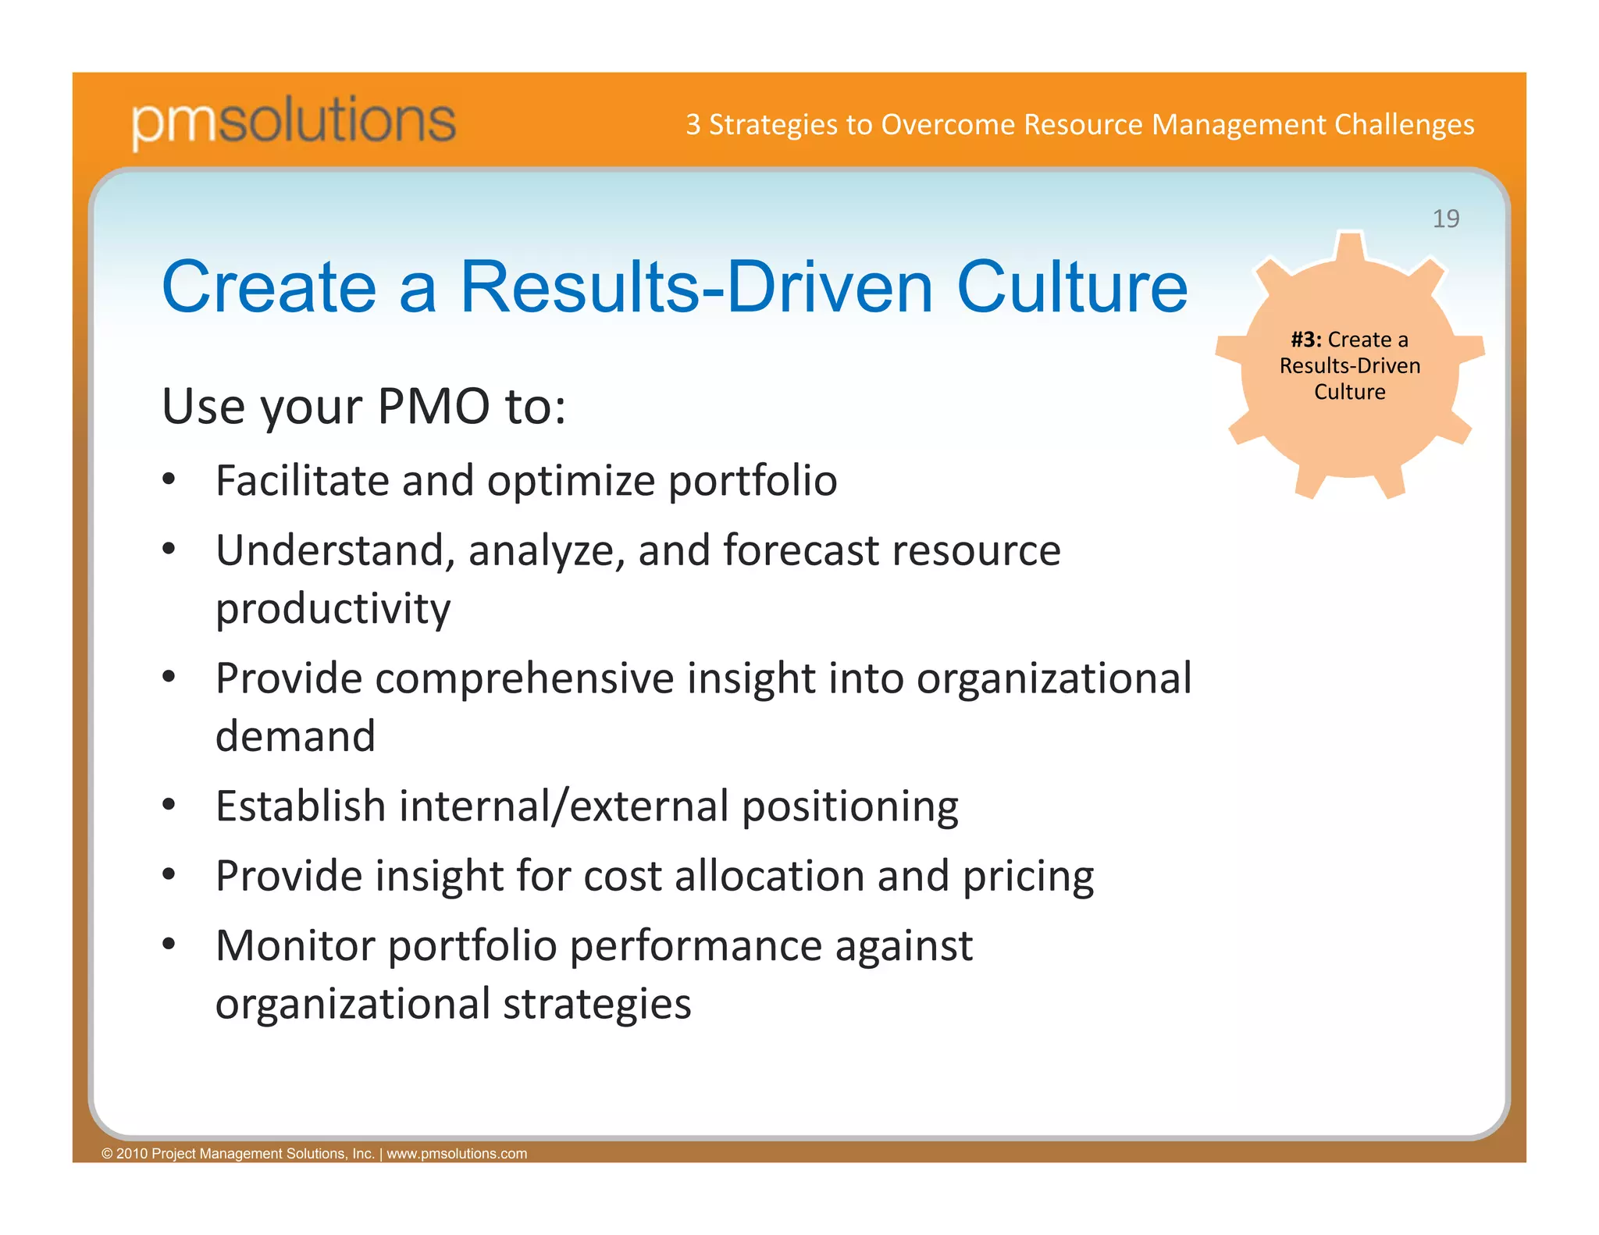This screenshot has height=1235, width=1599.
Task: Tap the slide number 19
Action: click(1445, 219)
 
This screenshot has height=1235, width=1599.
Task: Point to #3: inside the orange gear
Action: click(1306, 340)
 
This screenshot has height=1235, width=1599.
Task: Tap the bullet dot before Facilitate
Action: click(169, 479)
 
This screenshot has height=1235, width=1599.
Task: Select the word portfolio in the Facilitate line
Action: click(753, 481)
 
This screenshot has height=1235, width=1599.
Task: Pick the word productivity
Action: click(333, 609)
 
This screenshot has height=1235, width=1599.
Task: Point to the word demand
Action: click(295, 736)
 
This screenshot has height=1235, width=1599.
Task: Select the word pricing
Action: click(1027, 877)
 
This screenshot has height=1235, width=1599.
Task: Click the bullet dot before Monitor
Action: click(169, 944)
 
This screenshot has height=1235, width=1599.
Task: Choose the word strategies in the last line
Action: click(597, 1004)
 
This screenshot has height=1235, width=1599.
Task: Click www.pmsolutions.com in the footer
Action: click(457, 1154)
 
